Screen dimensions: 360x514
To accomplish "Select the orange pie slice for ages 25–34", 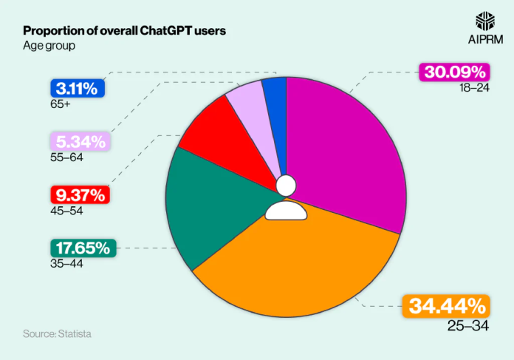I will (295, 266).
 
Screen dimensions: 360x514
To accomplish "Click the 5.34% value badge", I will (78, 141).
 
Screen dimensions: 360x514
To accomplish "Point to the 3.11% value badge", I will (78, 89).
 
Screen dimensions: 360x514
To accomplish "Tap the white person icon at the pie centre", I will (286, 200).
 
